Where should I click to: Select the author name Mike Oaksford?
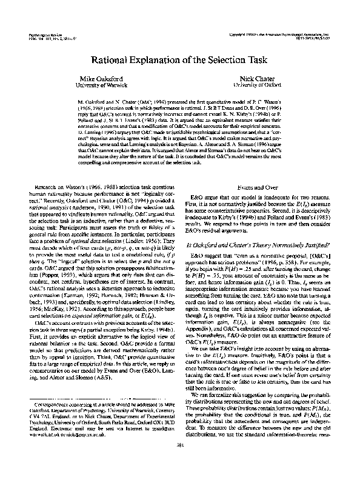(x=99, y=79)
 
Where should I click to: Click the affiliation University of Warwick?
(x=99, y=85)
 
